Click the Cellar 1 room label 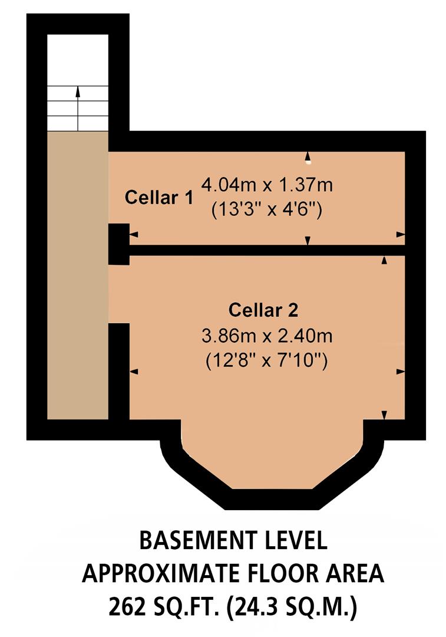(x=158, y=198)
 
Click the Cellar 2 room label (x=263, y=309)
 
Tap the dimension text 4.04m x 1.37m (x=267, y=185)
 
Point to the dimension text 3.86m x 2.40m (x=267, y=337)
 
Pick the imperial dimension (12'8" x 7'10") (x=266, y=361)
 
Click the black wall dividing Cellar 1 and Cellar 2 (x=265, y=250)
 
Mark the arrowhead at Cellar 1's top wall (x=307, y=155)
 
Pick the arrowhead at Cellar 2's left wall (x=133, y=372)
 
